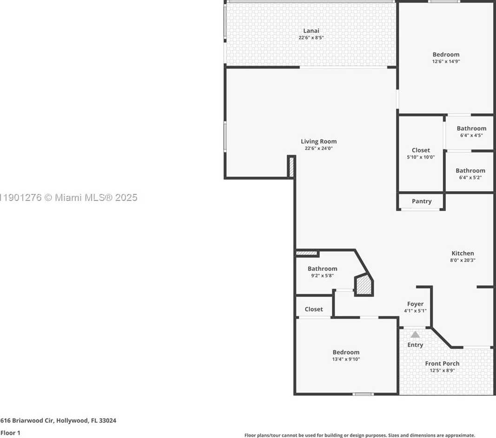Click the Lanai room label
[311, 31]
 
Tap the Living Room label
[318, 142]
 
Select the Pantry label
[422, 201]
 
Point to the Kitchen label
[463, 253]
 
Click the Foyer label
[415, 304]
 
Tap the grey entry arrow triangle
[415, 335]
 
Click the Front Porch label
[442, 363]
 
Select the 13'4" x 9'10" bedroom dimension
[346, 359]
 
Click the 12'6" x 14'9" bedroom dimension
[446, 61]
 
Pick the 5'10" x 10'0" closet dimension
[421, 157]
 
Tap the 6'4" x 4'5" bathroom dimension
[471, 135]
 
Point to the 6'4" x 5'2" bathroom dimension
[470, 178]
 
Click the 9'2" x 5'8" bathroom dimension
[322, 275]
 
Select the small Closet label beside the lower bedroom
[314, 309]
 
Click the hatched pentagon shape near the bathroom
[364, 285]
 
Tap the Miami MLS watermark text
[69, 197]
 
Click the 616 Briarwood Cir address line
[58, 420]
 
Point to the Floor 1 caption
[10, 432]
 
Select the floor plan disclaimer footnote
[360, 435]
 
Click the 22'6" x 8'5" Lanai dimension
[311, 38]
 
